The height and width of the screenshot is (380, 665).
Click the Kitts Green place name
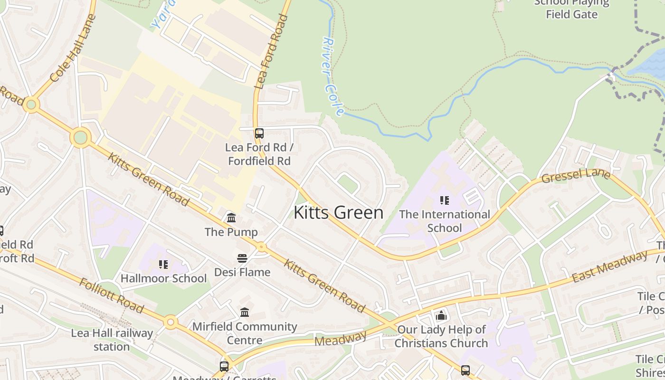[x=338, y=212]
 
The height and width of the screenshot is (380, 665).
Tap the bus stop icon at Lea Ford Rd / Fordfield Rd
[x=259, y=133]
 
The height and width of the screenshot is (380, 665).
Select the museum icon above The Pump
[x=231, y=218]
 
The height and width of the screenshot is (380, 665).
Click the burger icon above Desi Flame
[x=242, y=258]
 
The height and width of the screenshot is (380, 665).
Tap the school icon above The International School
[x=444, y=200]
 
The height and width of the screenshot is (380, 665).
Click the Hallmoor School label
[x=163, y=278]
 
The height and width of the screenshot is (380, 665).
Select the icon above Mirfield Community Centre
[x=245, y=313]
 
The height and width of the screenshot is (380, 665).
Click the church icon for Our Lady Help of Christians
[x=441, y=315]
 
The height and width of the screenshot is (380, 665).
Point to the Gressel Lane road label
[x=575, y=175]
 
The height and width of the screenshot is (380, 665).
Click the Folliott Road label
[x=111, y=296]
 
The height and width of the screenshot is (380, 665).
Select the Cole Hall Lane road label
[x=72, y=48]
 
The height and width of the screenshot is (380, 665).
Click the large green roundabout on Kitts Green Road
[x=80, y=138]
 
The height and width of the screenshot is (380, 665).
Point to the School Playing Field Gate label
[x=571, y=9]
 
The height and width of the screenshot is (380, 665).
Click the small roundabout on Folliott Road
[x=171, y=323]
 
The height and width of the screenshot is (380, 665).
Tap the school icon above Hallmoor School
[x=163, y=265]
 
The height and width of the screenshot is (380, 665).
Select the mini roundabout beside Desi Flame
[x=261, y=247]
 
